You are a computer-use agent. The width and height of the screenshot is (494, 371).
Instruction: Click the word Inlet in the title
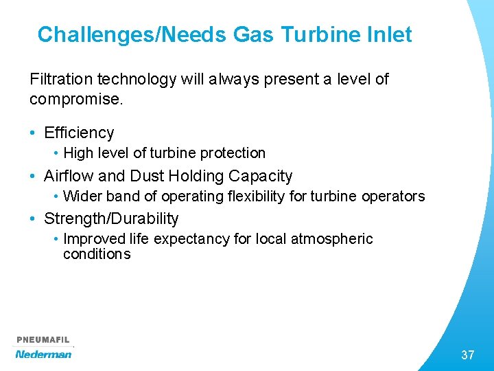[388, 34]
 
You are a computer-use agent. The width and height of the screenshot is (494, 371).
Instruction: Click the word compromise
[75, 99]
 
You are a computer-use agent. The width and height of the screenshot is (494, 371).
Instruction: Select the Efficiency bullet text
[79, 133]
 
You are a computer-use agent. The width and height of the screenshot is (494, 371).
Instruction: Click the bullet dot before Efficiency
[34, 133]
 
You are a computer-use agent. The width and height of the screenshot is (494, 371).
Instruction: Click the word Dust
[145, 176]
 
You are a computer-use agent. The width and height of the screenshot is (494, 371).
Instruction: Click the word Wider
[80, 196]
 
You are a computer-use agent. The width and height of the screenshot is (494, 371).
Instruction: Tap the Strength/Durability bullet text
[111, 219]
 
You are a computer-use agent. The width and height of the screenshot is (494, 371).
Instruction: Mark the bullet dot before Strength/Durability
[34, 220]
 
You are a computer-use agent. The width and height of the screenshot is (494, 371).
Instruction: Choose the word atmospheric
[332, 239]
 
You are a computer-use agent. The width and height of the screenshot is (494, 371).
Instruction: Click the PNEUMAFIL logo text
[43, 340]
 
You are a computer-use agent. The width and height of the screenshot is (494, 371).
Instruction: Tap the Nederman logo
[43, 354]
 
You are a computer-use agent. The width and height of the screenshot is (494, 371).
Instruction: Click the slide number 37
[467, 355]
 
